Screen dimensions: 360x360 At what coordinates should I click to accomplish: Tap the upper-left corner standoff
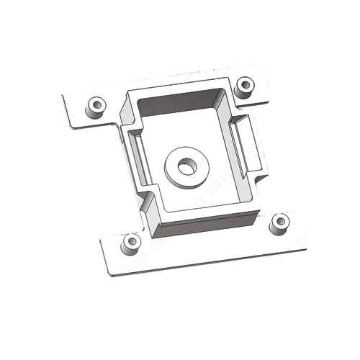tap(95, 107)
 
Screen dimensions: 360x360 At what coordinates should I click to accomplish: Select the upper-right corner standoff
tap(245, 87)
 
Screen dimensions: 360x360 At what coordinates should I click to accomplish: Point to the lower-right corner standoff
tap(279, 223)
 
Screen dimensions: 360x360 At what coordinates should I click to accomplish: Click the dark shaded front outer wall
tap(205, 223)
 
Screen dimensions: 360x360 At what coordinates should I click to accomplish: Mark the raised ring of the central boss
tap(175, 173)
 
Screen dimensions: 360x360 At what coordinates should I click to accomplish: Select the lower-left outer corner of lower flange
tap(110, 274)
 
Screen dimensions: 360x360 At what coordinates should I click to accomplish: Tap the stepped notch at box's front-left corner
tap(150, 202)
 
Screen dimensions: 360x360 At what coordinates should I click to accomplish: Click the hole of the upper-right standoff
tap(245, 84)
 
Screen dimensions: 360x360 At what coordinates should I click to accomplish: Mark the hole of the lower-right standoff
tap(279, 220)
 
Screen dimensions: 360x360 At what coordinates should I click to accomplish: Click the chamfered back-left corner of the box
tap(127, 108)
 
